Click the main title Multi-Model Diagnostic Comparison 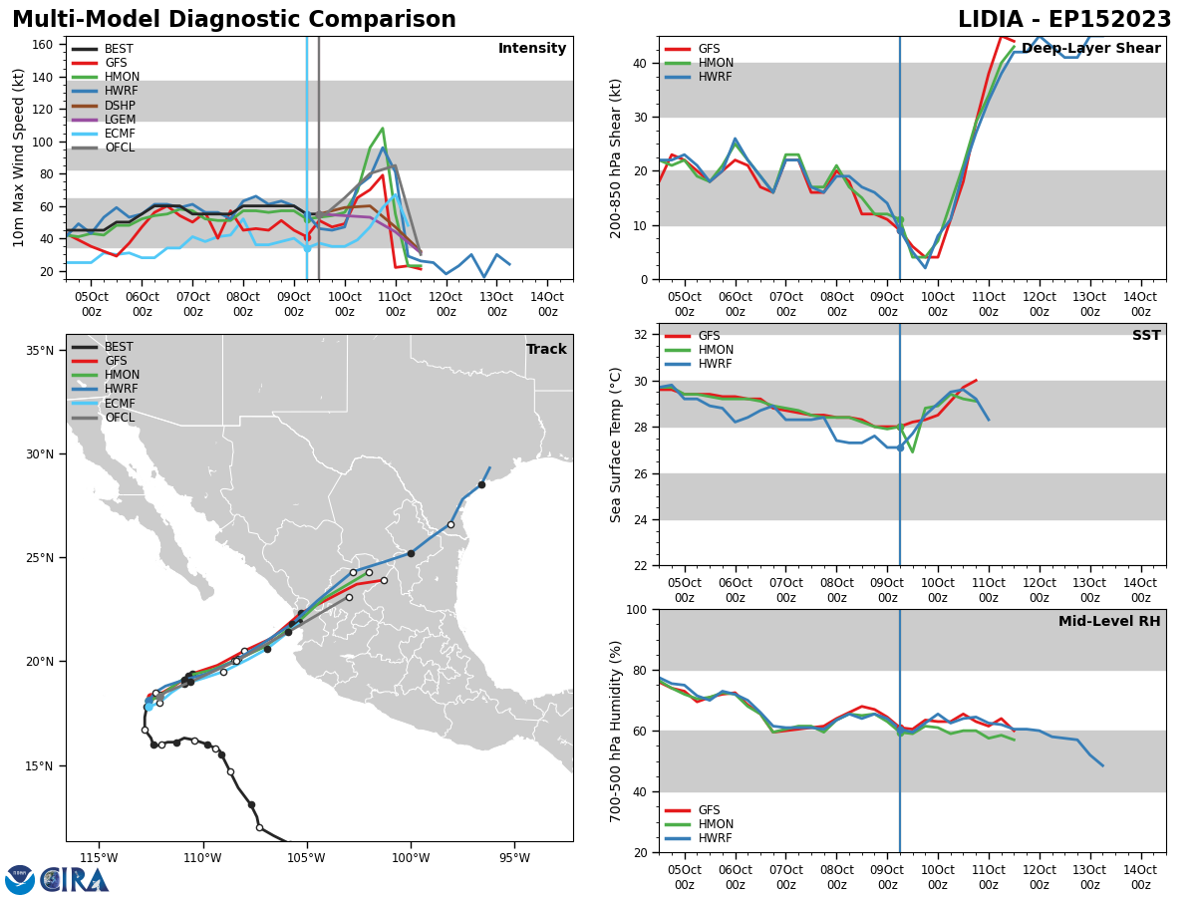pyautogui.click(x=233, y=20)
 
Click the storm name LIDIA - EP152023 pyautogui.click(x=1064, y=20)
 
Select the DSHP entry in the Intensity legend pyautogui.click(x=120, y=106)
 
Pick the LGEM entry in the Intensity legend pyautogui.click(x=120, y=120)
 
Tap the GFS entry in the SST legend pyautogui.click(x=709, y=336)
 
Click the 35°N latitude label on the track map pyautogui.click(x=39, y=351)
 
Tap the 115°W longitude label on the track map pyautogui.click(x=99, y=858)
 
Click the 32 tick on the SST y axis pyautogui.click(x=641, y=335)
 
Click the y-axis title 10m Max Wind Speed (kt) pyautogui.click(x=19, y=157)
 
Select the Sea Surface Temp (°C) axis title pyautogui.click(x=616, y=445)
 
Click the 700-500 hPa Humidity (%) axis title pyautogui.click(x=616, y=731)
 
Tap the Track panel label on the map pyautogui.click(x=546, y=350)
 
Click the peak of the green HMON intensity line pyautogui.click(x=383, y=129)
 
